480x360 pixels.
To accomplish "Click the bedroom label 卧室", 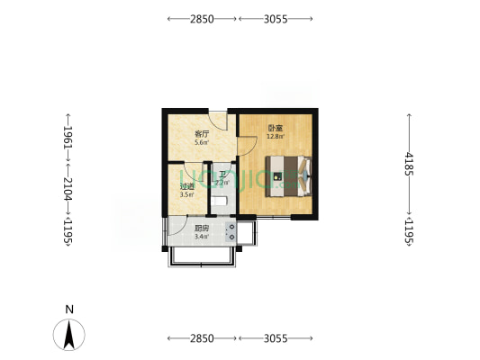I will pos(273,128).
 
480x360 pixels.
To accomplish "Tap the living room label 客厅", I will pos(202,134).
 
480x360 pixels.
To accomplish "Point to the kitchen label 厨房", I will pos(202,229).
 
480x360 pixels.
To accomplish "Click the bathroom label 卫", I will pos(222,175).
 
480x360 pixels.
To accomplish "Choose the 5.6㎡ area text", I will pos(202,142).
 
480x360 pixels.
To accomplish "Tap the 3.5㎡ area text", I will pos(187,194).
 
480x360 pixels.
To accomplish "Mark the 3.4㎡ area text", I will pos(202,237).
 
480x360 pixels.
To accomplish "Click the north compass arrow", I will pos(69,335).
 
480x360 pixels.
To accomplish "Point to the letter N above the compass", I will pos(69,309).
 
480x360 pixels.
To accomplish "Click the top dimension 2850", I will pos(202,18).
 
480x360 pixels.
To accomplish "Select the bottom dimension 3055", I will pos(276,338).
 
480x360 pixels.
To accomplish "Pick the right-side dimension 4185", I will pos(410,166).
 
